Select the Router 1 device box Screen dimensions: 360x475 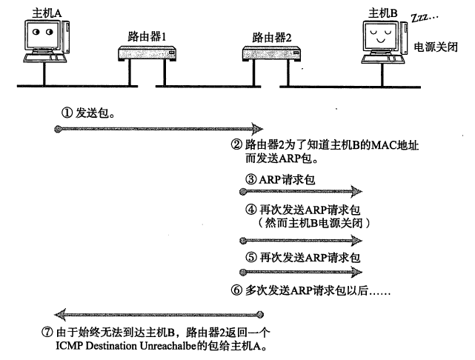[149, 53]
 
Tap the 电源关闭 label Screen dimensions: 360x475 [434, 46]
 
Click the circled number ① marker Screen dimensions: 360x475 [65, 113]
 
